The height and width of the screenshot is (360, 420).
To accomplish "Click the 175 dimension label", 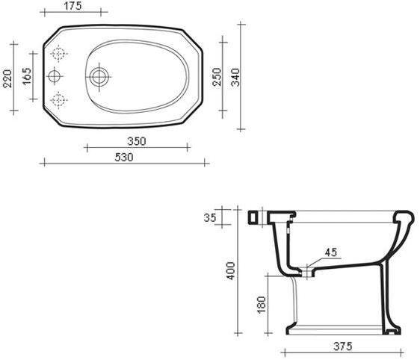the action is [x=72, y=6].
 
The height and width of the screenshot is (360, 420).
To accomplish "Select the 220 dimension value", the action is [x=7, y=78].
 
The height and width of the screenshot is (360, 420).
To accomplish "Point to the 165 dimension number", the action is [x=27, y=76].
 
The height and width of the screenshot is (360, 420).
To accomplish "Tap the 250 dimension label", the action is [x=217, y=77].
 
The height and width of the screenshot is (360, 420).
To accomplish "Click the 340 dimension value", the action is [x=235, y=77].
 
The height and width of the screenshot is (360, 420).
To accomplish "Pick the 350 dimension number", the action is [x=137, y=141].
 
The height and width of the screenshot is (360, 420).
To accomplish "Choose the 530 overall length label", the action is [x=124, y=157].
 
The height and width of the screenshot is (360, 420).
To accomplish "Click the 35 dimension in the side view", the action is [x=210, y=217].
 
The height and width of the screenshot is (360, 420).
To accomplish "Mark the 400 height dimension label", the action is [x=231, y=271].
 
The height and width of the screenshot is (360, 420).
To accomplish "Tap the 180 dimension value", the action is [x=261, y=304].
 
